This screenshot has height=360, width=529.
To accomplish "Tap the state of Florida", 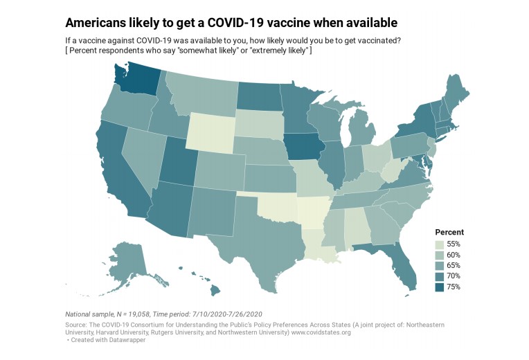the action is (398, 262).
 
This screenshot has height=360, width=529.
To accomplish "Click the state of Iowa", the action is (304, 146).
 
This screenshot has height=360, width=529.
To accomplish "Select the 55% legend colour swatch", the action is (439, 244).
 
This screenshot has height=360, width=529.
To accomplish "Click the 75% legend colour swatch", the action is (439, 287).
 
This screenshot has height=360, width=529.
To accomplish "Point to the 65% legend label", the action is (454, 266).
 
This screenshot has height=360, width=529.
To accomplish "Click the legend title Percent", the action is (449, 232).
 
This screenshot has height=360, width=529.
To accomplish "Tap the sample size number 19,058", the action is (138, 314).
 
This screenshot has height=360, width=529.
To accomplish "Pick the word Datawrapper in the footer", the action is (127, 340).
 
